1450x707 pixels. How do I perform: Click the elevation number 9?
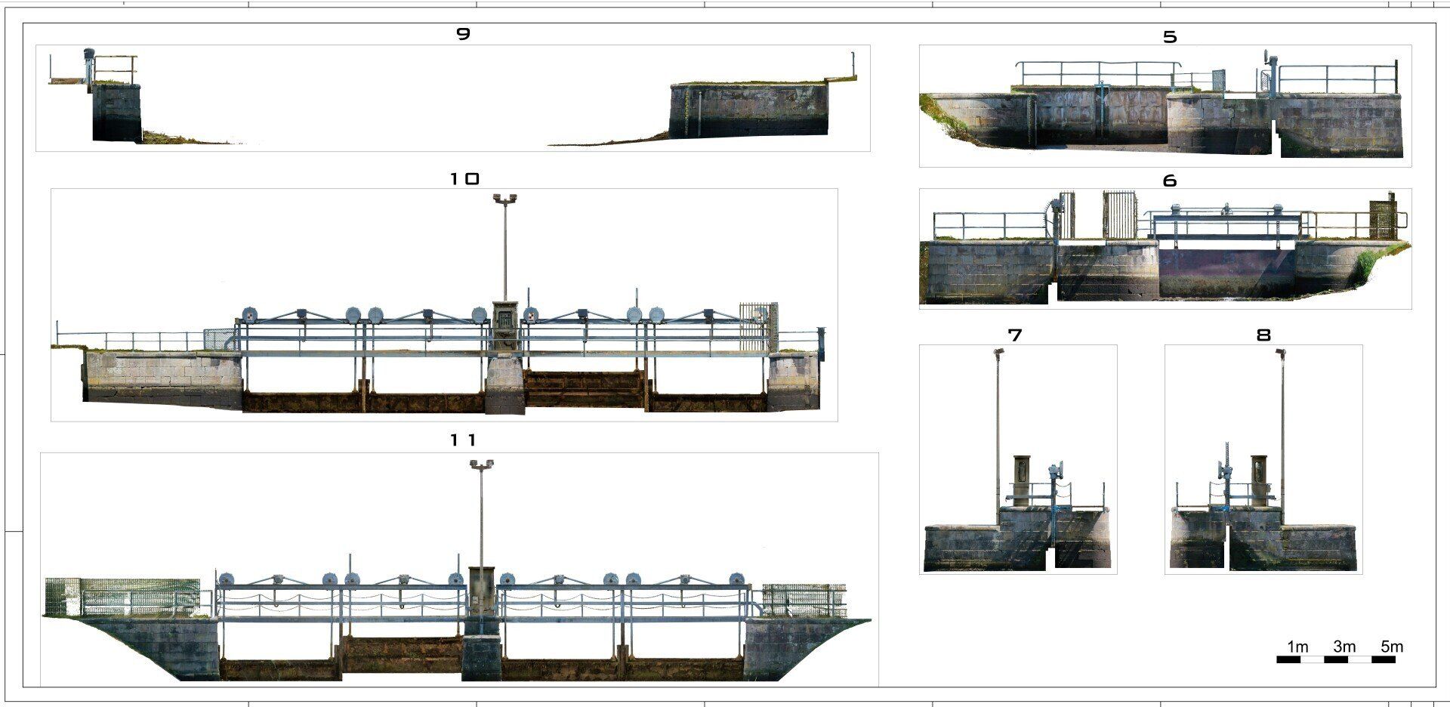coord(464,33)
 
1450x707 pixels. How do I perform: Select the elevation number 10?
coord(464,179)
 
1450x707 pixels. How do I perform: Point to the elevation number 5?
coord(1170,36)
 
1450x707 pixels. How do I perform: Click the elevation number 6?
coord(1170,181)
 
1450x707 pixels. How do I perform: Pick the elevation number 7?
coord(1015,335)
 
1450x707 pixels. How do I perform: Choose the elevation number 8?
coord(1263,335)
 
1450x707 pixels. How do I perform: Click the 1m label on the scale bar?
coord(1297,647)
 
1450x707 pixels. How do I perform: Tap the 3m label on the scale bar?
coord(1344,647)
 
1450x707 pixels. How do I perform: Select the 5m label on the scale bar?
coord(1392,647)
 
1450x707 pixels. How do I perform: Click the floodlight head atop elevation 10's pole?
coord(504,198)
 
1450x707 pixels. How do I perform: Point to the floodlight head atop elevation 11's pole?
coord(481,463)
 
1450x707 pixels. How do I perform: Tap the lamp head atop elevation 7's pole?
coord(998,351)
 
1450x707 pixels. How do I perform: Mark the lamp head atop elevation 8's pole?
coord(1281,352)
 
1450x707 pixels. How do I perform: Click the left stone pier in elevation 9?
coord(116,112)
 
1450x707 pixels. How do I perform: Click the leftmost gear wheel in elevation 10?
coord(249,314)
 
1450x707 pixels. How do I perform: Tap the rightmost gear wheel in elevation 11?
coord(736,579)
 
